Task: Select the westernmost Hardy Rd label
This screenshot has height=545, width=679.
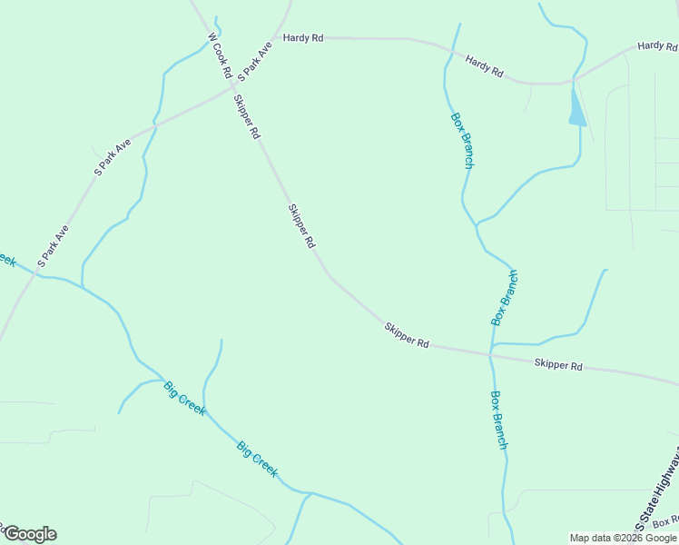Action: tap(303, 38)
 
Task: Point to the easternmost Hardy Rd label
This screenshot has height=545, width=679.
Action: tap(657, 45)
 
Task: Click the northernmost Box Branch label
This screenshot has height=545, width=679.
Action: tap(462, 140)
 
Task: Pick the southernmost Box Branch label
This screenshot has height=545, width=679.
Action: tap(498, 420)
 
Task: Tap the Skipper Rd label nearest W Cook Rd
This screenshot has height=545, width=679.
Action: tap(247, 116)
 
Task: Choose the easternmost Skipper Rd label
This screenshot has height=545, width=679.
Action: tap(557, 365)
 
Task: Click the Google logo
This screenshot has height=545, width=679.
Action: tap(29, 534)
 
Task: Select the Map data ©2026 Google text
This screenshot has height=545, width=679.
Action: tap(624, 538)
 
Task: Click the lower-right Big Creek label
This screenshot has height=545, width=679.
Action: tap(257, 459)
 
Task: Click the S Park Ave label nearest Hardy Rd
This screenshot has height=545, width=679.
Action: tap(254, 59)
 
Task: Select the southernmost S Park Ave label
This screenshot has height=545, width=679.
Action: tap(53, 247)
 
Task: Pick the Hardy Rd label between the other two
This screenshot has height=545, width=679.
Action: tap(484, 65)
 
